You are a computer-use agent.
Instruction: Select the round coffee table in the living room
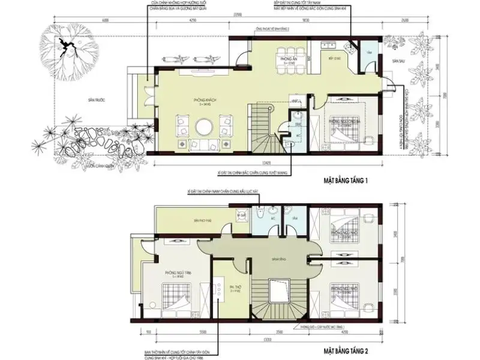[205, 128]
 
